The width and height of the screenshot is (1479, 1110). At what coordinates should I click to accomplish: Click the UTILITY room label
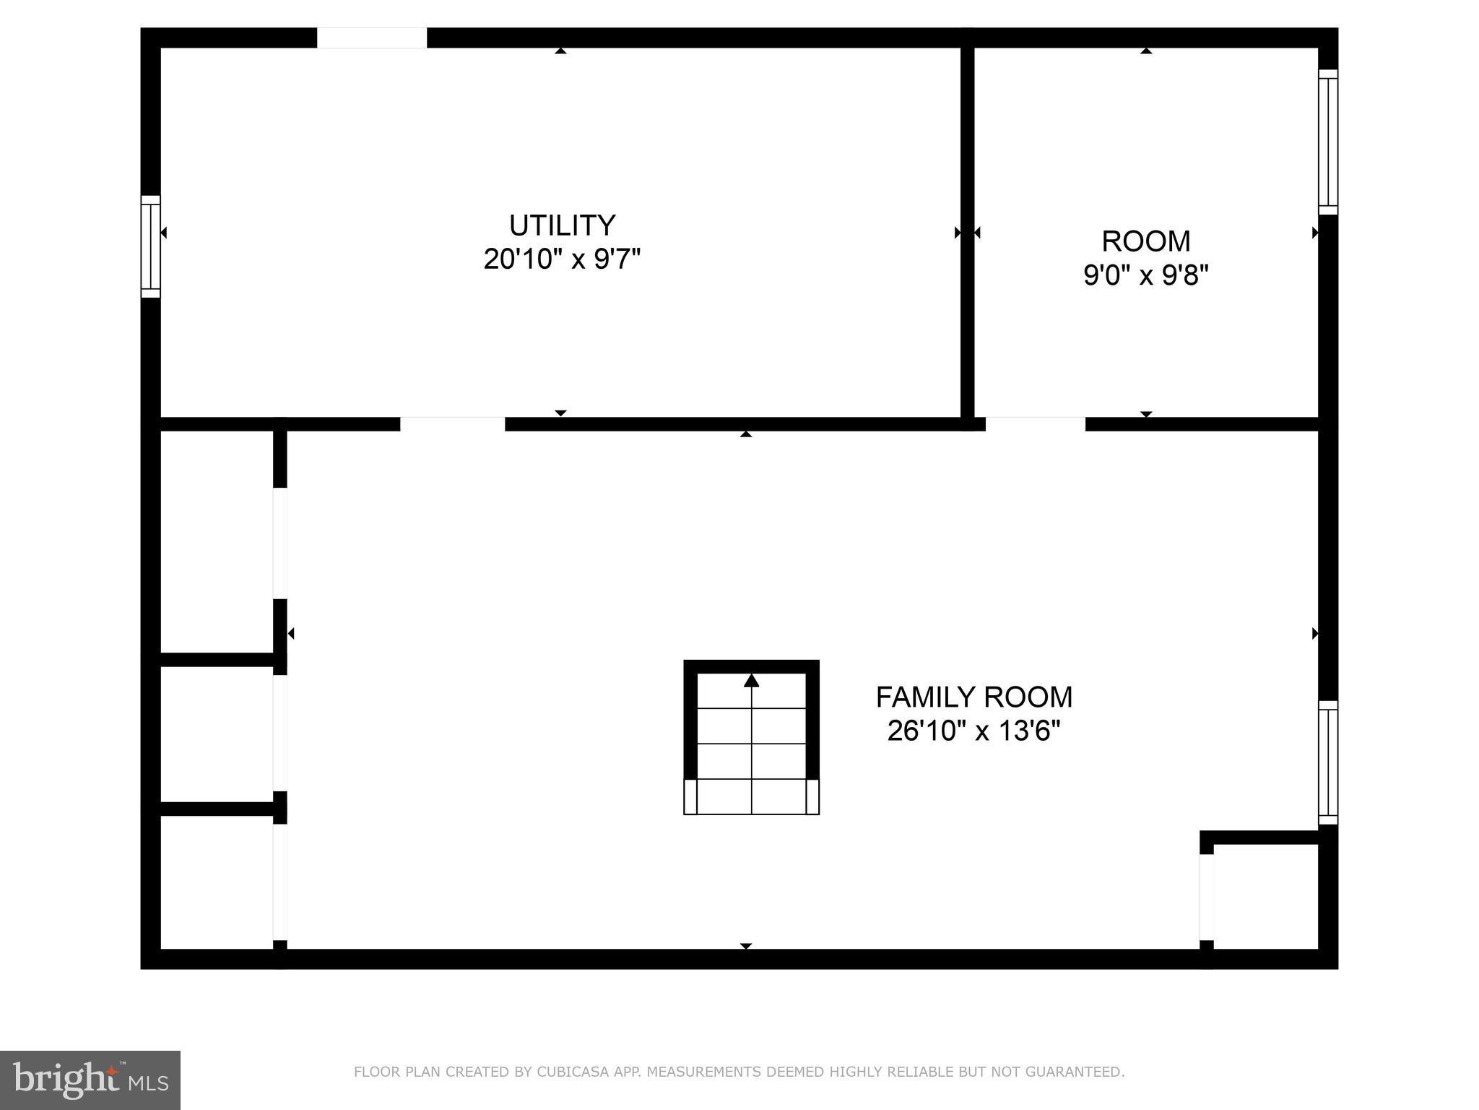562,225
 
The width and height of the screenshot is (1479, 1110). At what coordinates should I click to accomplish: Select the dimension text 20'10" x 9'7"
562,259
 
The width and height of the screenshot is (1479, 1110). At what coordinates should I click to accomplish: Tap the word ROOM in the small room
1145,241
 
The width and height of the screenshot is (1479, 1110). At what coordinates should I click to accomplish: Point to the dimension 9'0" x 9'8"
1145,275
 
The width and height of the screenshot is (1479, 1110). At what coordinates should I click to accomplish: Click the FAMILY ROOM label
973,697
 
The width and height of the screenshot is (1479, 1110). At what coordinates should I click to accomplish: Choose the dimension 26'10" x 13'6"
973,731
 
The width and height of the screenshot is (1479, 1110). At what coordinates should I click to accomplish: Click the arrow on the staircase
751,681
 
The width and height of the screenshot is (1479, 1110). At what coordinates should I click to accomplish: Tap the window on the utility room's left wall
150,246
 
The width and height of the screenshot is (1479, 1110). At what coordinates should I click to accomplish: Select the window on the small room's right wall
1327,142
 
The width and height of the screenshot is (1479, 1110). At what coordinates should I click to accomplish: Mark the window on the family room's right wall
1327,762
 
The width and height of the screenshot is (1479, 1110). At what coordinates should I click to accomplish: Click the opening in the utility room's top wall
372,38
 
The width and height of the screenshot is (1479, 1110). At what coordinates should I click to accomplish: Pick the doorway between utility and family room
452,424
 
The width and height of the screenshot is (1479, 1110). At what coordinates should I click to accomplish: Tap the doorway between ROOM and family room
1035,424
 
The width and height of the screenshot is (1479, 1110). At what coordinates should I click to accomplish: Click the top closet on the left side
216,542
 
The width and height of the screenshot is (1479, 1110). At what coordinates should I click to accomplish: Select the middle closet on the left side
216,733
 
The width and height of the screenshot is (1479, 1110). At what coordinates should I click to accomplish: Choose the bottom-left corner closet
216,882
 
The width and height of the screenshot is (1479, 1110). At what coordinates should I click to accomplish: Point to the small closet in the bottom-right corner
1265,896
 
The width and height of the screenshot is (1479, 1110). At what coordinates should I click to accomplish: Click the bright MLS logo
90,1080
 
